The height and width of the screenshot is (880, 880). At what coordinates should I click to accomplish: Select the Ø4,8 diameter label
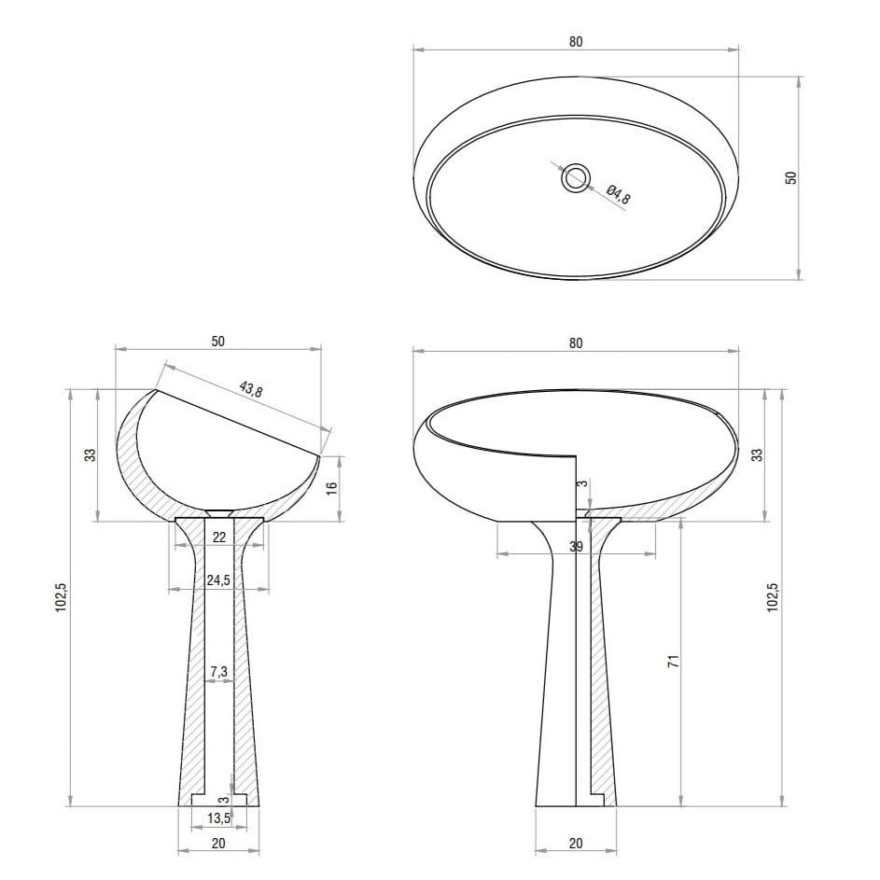coord(619,196)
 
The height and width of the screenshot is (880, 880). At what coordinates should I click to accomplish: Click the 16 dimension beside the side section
coord(331,488)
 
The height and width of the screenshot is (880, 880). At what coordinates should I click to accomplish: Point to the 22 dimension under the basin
coord(219,536)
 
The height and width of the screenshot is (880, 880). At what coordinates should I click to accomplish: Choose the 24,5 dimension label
coord(219,580)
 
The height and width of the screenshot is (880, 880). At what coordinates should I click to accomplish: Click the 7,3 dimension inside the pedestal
coord(219,672)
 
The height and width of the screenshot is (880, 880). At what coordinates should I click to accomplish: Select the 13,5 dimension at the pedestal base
coord(219,818)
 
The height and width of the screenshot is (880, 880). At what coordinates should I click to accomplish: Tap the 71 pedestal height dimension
coord(673,661)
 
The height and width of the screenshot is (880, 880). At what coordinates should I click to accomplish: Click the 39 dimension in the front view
coord(576,546)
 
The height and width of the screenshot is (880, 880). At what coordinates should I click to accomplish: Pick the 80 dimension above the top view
coord(576,42)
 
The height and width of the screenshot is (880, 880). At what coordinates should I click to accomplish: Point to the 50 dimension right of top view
coord(789,177)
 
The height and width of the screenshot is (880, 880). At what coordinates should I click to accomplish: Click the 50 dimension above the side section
coord(218,342)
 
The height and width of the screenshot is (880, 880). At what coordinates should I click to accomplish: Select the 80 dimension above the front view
coord(576,343)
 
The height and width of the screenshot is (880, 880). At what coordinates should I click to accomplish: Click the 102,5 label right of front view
coord(773,596)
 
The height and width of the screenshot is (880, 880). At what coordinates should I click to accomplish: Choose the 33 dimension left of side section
coord(91,455)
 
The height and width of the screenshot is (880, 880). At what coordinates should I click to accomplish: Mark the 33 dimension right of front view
coord(757,455)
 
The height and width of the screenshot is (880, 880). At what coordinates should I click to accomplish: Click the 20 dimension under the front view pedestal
coord(576,843)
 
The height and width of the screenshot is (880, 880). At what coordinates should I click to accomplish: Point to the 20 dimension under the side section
coord(219,843)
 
